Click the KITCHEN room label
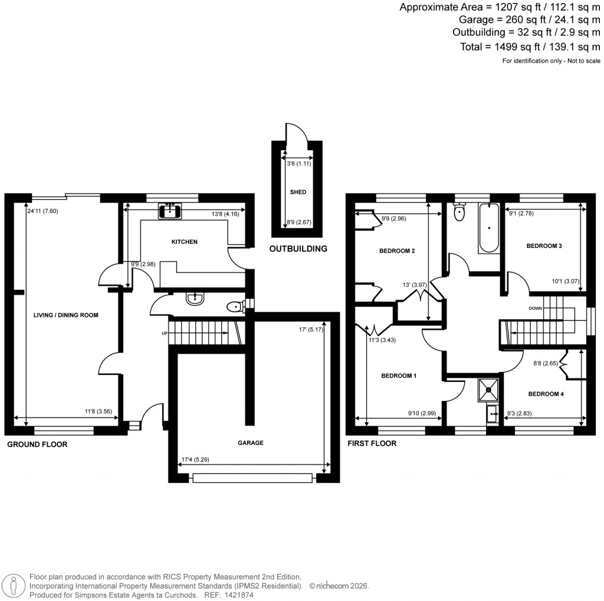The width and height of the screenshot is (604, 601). (x=184, y=242)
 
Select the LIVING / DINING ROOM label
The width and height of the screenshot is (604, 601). (x=65, y=315)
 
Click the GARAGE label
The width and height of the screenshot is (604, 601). (x=251, y=443)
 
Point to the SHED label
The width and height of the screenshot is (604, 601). (x=298, y=192)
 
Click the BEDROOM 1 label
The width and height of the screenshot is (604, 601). (x=399, y=376)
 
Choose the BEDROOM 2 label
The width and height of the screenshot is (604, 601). (x=397, y=251)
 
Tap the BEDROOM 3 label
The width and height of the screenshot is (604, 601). (x=544, y=246)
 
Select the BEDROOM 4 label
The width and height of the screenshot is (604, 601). (x=546, y=394)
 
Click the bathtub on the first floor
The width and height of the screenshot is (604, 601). (x=487, y=228)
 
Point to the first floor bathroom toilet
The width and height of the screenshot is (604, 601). (x=459, y=211)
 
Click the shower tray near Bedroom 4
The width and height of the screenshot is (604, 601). (x=489, y=388)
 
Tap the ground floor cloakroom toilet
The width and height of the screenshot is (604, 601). (x=237, y=306)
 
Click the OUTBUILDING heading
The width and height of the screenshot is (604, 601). (x=298, y=249)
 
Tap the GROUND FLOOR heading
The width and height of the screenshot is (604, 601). (x=37, y=445)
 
